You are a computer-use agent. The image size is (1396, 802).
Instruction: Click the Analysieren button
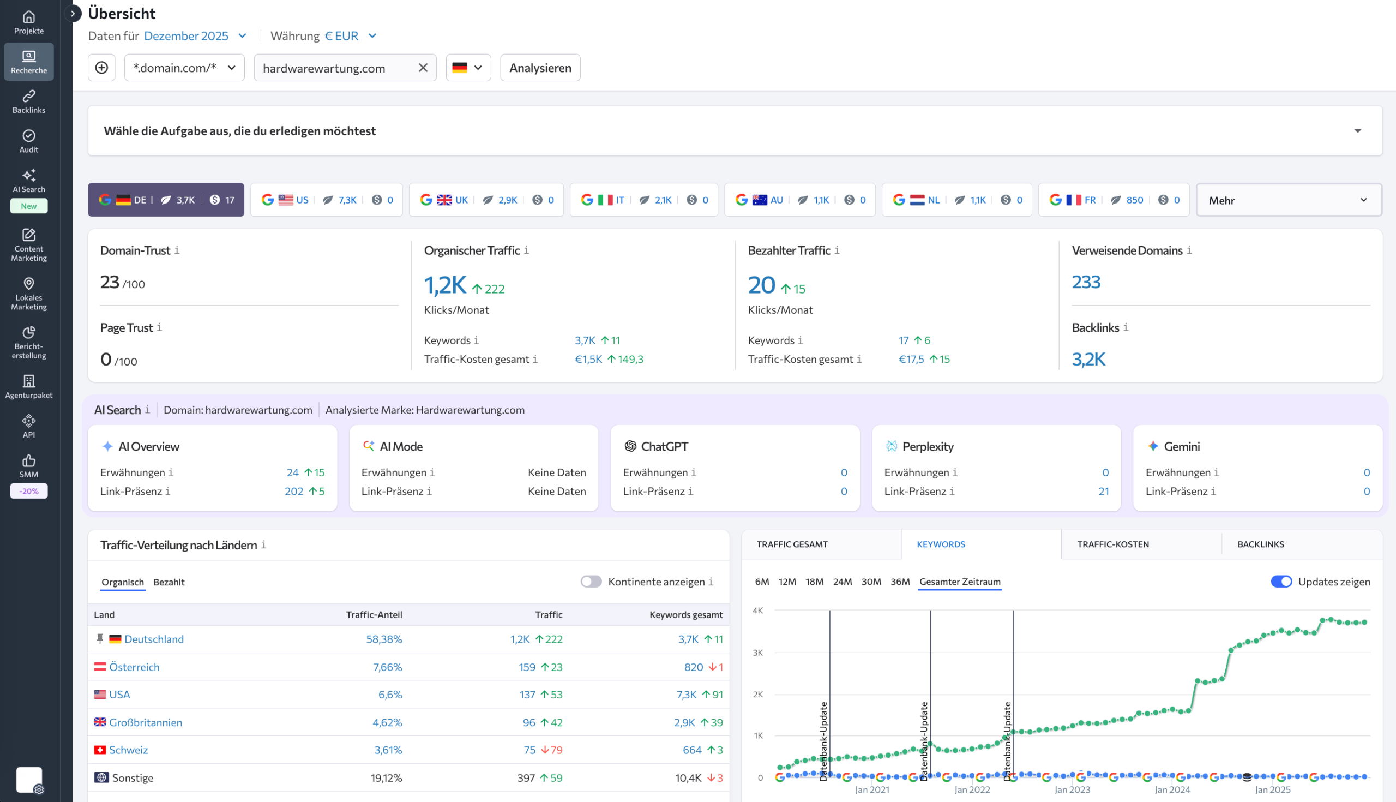540,68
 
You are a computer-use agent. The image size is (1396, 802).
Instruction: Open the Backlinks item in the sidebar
28,102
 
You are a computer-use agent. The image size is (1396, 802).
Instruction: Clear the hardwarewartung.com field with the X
423,68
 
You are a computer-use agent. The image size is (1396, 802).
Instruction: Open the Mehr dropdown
1288,200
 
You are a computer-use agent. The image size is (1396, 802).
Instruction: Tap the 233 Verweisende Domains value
1086,282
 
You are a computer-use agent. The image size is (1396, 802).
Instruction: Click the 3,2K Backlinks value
1088,359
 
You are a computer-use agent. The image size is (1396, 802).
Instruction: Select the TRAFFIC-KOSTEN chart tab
1112,544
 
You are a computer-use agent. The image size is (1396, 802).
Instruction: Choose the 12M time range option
787,582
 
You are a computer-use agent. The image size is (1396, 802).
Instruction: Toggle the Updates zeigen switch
1281,582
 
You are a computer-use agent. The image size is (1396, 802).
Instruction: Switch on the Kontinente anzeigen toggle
591,582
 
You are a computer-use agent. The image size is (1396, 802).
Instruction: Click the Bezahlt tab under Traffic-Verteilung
169,582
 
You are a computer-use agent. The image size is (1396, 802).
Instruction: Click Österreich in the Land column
134,667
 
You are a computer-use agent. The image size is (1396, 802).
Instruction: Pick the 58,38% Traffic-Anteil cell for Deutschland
384,639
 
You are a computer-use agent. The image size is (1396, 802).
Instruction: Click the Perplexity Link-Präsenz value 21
1103,492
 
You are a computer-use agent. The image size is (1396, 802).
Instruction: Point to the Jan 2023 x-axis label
1072,789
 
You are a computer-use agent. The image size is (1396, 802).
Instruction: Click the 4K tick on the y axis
757,611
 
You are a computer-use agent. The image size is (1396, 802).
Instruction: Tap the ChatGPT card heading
664,447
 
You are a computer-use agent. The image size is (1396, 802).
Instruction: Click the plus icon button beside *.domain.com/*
102,68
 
